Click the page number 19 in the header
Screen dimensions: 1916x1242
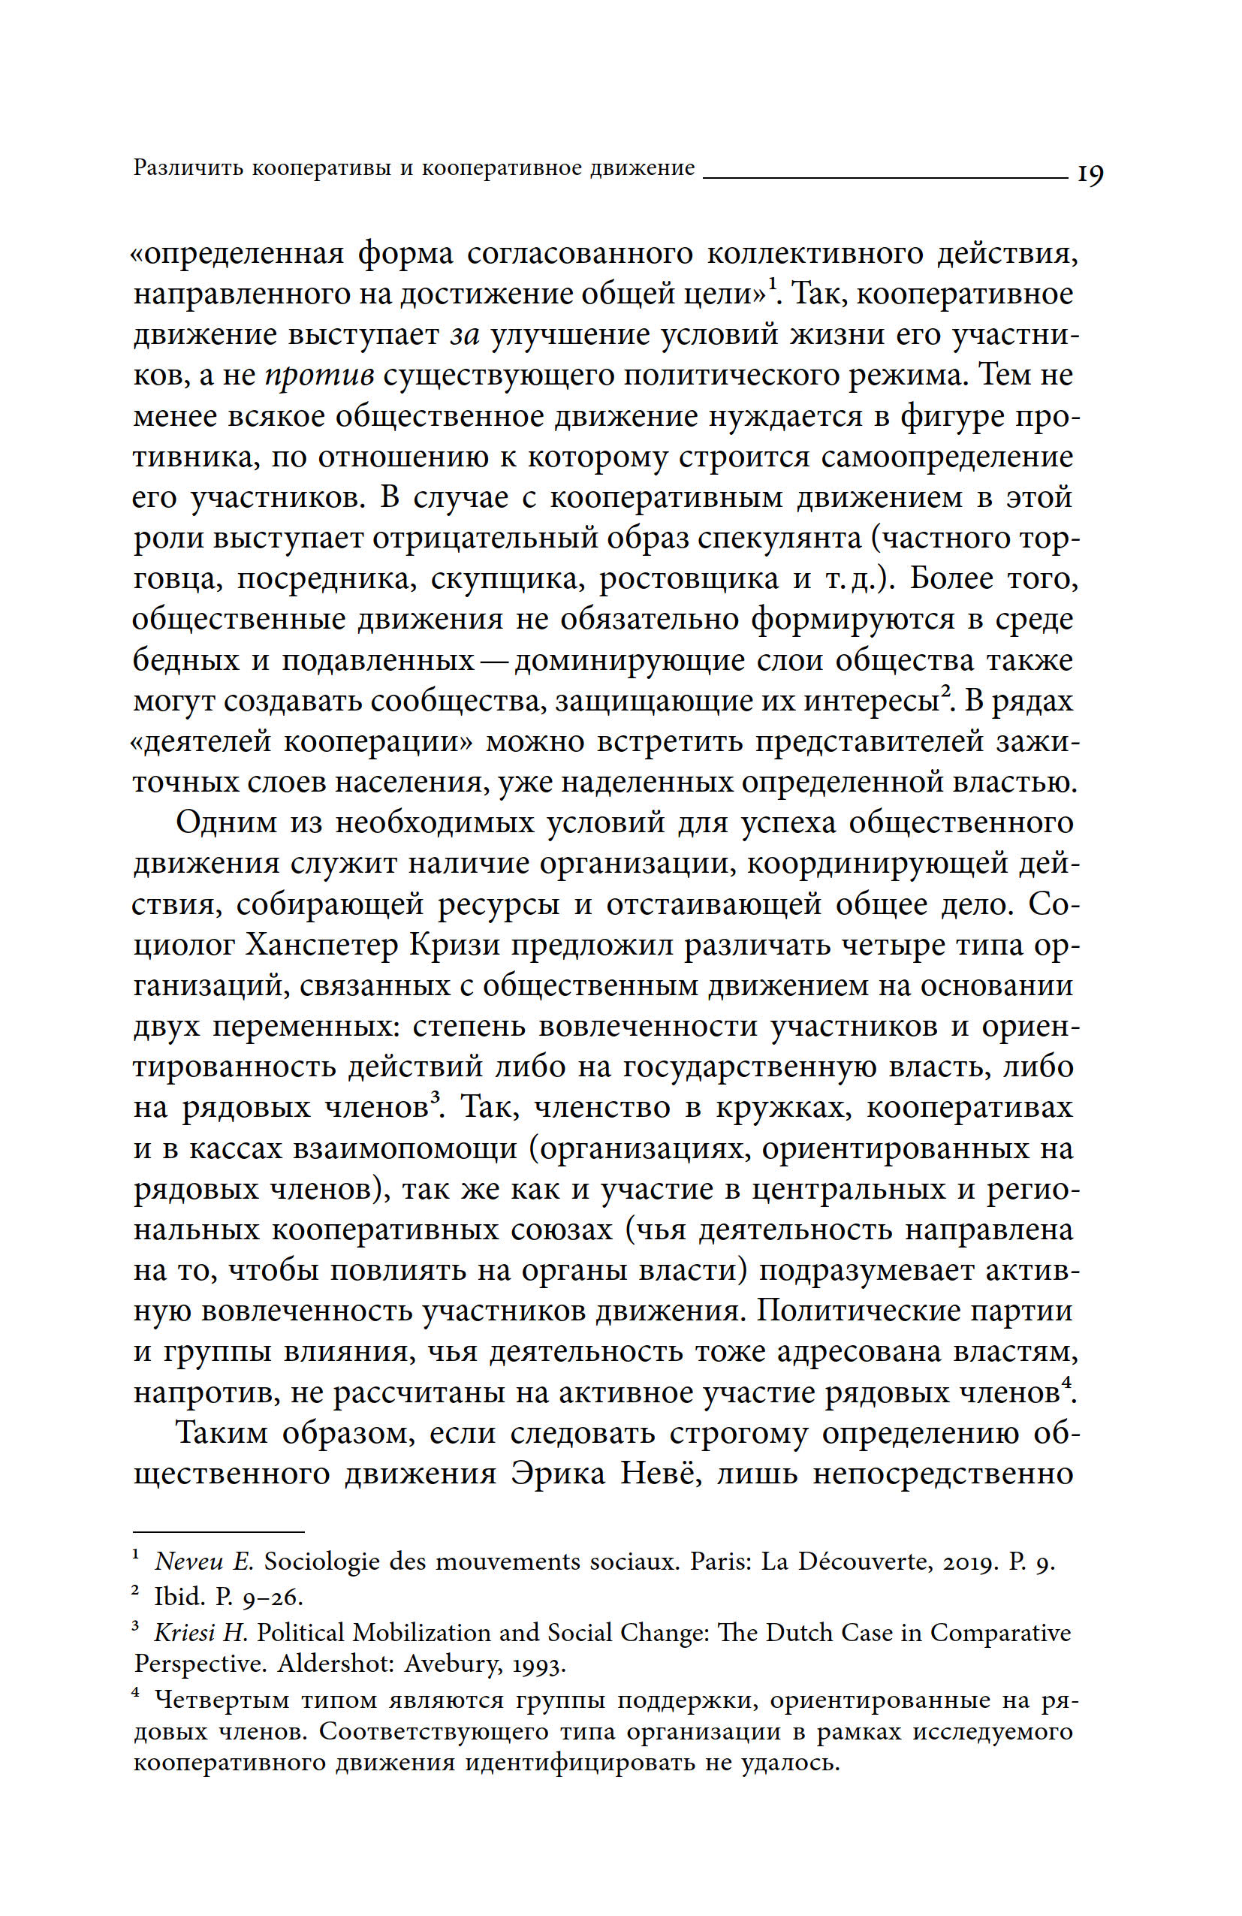pyautogui.click(x=1090, y=173)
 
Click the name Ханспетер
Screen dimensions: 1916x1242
pyautogui.click(x=322, y=945)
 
